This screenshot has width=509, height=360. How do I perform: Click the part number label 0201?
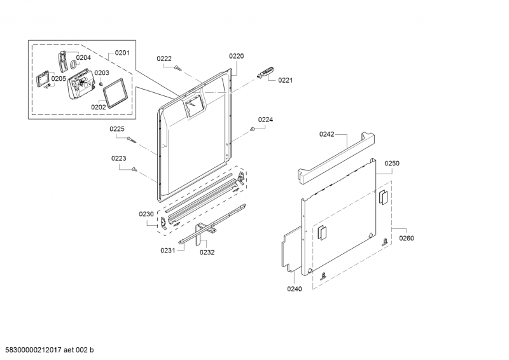click(x=122, y=53)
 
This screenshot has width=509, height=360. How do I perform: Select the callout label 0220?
click(x=236, y=56)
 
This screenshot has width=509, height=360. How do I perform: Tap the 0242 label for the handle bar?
click(x=326, y=134)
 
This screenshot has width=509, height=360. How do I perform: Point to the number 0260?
click(x=407, y=239)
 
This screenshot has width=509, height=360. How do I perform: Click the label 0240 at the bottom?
click(x=295, y=289)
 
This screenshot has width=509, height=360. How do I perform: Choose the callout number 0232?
click(x=207, y=253)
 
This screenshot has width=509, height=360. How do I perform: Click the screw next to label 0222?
click(x=178, y=67)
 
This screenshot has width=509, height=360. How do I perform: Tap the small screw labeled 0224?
click(x=252, y=129)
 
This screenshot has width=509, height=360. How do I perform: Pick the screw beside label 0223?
click(x=134, y=169)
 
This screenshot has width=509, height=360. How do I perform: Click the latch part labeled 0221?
click(x=265, y=72)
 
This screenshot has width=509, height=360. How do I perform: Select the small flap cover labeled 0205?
click(x=42, y=80)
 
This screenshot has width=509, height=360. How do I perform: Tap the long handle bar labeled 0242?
click(x=337, y=158)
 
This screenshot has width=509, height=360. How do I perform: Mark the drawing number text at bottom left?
click(x=47, y=350)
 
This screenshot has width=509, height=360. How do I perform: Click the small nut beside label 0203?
click(x=101, y=84)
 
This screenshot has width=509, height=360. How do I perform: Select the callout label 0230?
click(x=146, y=214)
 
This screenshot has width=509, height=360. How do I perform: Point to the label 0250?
click(x=392, y=163)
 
